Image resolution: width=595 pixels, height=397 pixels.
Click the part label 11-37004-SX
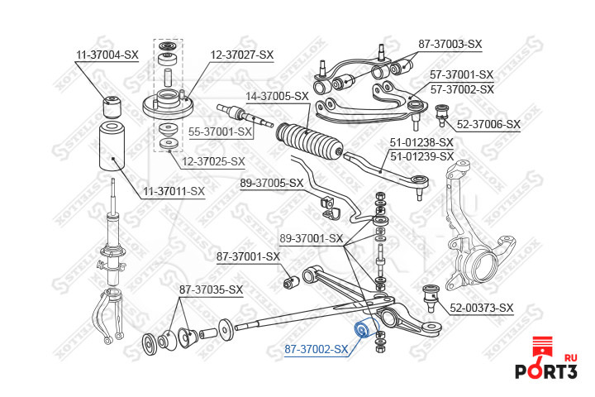pyautogui.click(x=107, y=55)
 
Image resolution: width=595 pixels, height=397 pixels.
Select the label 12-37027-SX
pyautogui.click(x=240, y=55)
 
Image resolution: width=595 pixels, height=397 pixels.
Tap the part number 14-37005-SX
pyautogui.click(x=278, y=96)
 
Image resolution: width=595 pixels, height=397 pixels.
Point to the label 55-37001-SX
pyautogui.click(x=220, y=131)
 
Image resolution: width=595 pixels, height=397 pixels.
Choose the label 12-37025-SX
pyautogui.click(x=214, y=161)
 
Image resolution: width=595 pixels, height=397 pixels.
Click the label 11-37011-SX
pyautogui.click(x=174, y=191)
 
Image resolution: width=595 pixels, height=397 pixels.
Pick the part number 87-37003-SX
pyautogui.click(x=450, y=43)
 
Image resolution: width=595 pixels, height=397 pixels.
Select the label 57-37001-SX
pyautogui.click(x=461, y=74)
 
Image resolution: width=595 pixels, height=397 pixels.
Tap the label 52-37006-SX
pyautogui.click(x=488, y=124)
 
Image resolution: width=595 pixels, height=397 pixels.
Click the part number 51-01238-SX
pyautogui.click(x=421, y=142)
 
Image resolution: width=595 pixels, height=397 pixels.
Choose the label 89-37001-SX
pyautogui.click(x=311, y=238)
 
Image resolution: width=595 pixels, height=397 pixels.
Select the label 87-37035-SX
pyautogui.click(x=212, y=289)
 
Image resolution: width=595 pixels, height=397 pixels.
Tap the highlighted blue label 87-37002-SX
pyautogui.click(x=317, y=349)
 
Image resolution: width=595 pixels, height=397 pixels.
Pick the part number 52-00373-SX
pyautogui.click(x=482, y=308)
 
